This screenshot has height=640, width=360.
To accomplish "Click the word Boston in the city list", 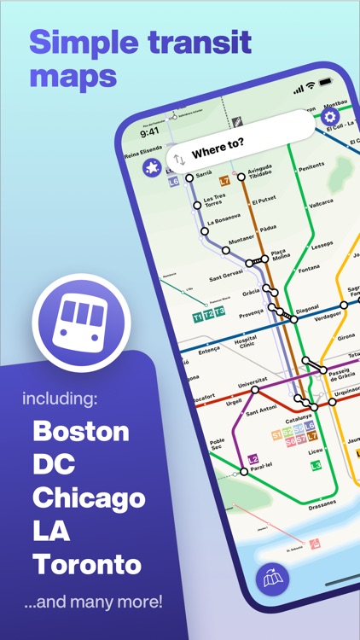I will coord(81,430).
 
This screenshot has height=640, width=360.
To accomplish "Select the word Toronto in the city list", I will coord(87,564).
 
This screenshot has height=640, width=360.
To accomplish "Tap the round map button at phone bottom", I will coord(272,581).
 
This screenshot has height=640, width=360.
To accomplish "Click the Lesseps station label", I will coord(322,244).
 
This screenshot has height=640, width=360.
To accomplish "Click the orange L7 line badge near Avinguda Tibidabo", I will coord(224,181).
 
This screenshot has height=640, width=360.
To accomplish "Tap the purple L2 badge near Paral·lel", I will coord(253,459).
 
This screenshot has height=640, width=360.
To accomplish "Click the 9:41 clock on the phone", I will coord(149,132).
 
